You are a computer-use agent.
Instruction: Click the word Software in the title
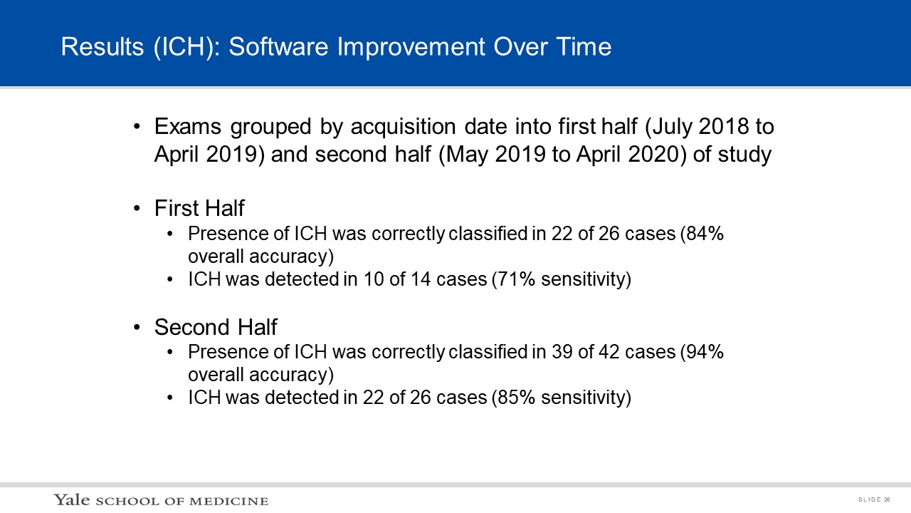(278, 46)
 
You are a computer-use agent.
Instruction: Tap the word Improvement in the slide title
(411, 46)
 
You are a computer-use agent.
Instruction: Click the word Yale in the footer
(72, 499)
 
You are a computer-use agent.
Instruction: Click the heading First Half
(199, 208)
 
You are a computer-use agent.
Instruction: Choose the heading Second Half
(216, 327)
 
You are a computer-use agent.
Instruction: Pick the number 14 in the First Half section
(421, 279)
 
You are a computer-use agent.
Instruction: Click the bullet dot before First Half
(137, 209)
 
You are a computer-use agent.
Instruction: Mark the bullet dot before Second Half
(137, 327)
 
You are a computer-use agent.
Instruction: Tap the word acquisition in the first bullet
(403, 127)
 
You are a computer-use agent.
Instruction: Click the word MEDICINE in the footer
(228, 501)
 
